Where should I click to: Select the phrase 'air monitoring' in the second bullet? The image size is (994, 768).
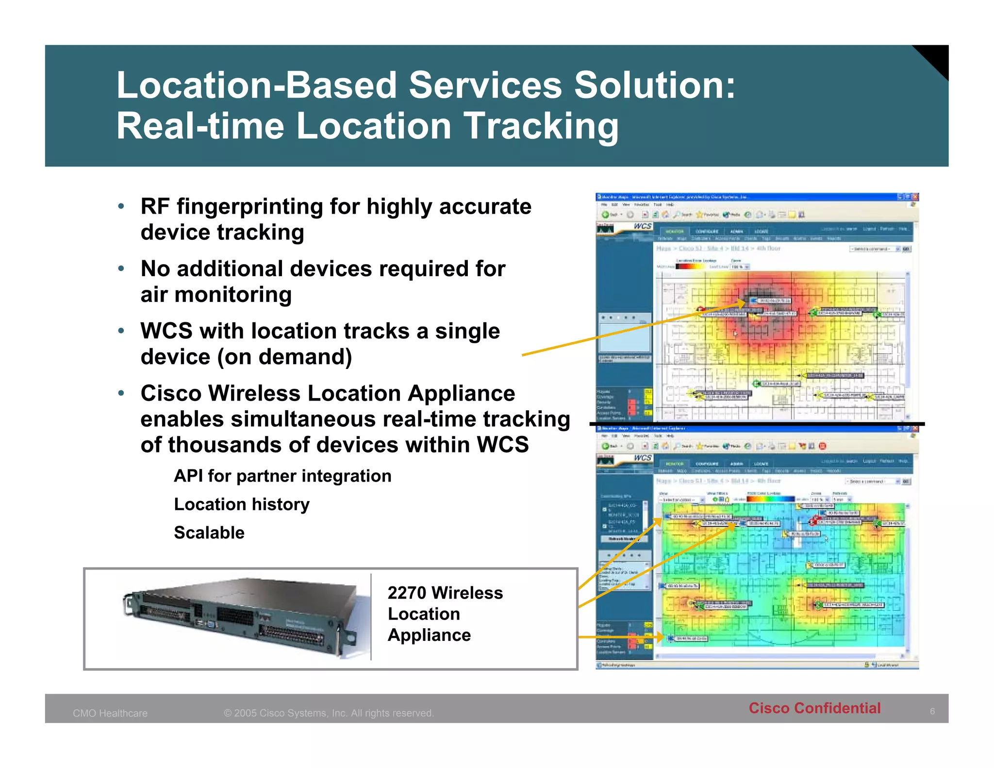point(216,295)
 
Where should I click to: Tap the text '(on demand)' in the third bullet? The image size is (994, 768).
point(284,357)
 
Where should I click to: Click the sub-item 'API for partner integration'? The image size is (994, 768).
point(282,476)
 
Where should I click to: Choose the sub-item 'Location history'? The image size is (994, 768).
point(242,504)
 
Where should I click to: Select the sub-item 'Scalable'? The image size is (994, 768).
point(209,533)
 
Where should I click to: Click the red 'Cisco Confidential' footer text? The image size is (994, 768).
point(814,708)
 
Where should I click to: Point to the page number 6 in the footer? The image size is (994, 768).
point(932,712)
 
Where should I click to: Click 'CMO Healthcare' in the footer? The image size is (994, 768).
point(110,713)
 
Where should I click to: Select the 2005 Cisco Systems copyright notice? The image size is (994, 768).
point(329,713)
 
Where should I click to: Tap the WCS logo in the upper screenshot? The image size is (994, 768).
point(642,226)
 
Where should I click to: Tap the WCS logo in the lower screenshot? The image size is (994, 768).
point(642,458)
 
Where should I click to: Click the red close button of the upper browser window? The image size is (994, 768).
point(915,197)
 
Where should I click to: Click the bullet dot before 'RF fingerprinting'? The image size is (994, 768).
point(121,206)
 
